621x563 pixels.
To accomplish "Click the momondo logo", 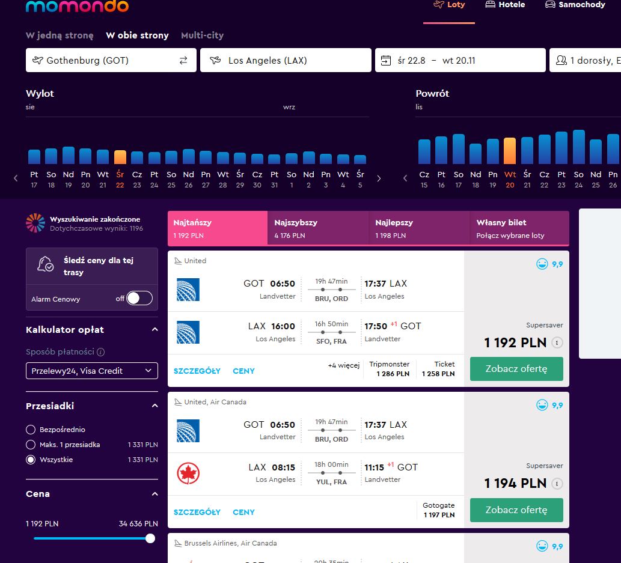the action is [77, 6].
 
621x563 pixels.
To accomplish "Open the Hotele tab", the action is [505, 5].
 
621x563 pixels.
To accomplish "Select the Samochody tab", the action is [575, 5].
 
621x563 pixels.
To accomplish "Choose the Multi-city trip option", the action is [203, 35].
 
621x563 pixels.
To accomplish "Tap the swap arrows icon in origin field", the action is [183, 60].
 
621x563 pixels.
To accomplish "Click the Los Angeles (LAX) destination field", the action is [286, 60].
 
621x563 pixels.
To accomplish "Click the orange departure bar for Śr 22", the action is [120, 157].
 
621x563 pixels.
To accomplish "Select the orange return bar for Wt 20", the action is [510, 151].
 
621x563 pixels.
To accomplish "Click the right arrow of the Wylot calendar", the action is [379, 178].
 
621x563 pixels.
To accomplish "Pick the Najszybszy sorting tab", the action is [318, 228].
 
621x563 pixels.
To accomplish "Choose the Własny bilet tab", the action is [519, 228].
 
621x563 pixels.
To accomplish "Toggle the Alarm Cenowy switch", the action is [139, 299].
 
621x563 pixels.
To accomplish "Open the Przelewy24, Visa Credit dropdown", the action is [92, 371].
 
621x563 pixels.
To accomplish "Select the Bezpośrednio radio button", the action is [31, 430].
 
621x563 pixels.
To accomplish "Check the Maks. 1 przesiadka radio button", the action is [31, 445].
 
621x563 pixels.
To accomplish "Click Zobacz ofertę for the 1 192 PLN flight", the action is [516, 368].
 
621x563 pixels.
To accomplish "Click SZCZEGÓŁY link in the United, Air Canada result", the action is [197, 512].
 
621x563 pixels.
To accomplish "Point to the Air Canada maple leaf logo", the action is [188, 473].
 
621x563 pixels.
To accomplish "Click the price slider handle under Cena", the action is [150, 538].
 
